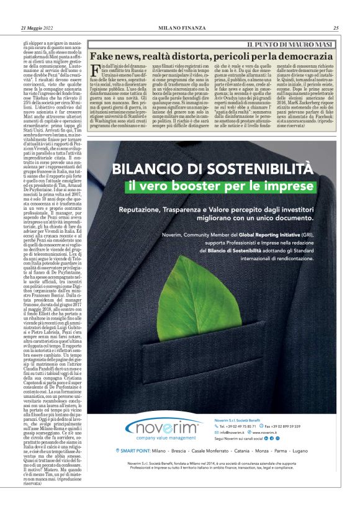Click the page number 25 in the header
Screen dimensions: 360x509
coord(335,27)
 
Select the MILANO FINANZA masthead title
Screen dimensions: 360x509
coord(180,27)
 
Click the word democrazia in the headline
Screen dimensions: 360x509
coord(301,55)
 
